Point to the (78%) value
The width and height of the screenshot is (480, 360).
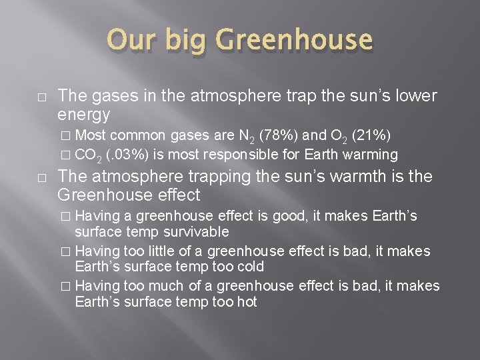(275, 137)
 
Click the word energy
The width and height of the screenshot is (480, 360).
(84, 115)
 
